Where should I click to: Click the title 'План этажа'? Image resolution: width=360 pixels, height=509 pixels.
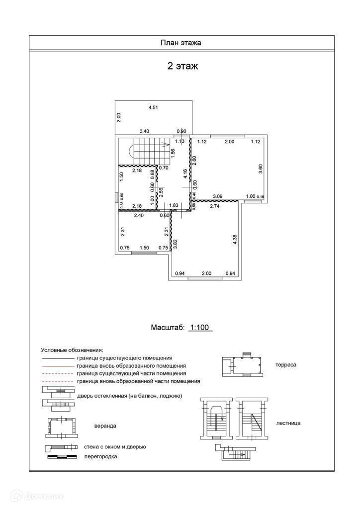click(x=180, y=43)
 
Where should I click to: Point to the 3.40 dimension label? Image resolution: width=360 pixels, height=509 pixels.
click(x=144, y=131)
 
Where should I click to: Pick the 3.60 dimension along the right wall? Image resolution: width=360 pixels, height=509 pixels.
click(x=260, y=168)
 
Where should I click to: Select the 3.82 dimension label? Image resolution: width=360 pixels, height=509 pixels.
click(x=175, y=244)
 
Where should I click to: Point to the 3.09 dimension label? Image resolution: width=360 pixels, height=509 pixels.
click(x=218, y=196)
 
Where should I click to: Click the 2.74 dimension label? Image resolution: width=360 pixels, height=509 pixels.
click(x=215, y=206)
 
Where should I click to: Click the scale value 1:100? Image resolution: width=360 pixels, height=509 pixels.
click(x=201, y=328)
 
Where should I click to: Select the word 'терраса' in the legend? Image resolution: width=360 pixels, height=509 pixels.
click(x=285, y=364)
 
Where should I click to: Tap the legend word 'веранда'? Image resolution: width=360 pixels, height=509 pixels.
click(x=105, y=426)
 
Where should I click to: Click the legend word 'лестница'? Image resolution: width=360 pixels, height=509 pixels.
click(x=288, y=423)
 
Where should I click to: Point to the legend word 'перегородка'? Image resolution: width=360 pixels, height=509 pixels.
click(x=101, y=456)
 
